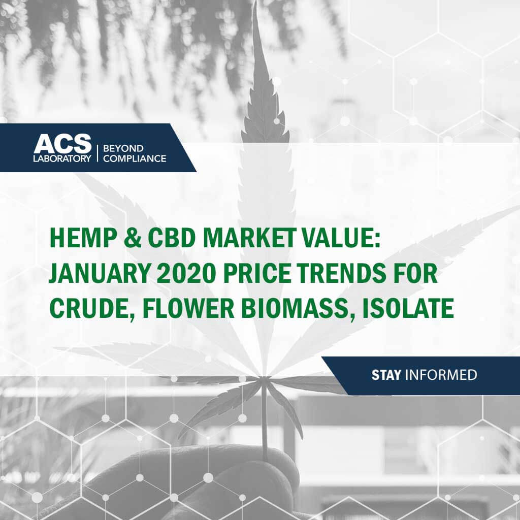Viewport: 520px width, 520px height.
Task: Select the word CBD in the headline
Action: tap(172, 238)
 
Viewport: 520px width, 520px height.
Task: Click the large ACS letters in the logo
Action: tap(62, 144)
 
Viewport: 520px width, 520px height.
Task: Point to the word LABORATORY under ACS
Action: tap(62, 158)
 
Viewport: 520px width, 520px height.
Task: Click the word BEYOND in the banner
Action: tap(123, 148)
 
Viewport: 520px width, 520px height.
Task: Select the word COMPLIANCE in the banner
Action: tap(135, 158)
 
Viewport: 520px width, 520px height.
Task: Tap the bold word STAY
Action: tap(386, 375)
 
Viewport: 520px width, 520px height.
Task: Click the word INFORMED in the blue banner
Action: tap(441, 375)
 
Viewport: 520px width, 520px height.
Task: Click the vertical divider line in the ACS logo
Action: tap(97, 153)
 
